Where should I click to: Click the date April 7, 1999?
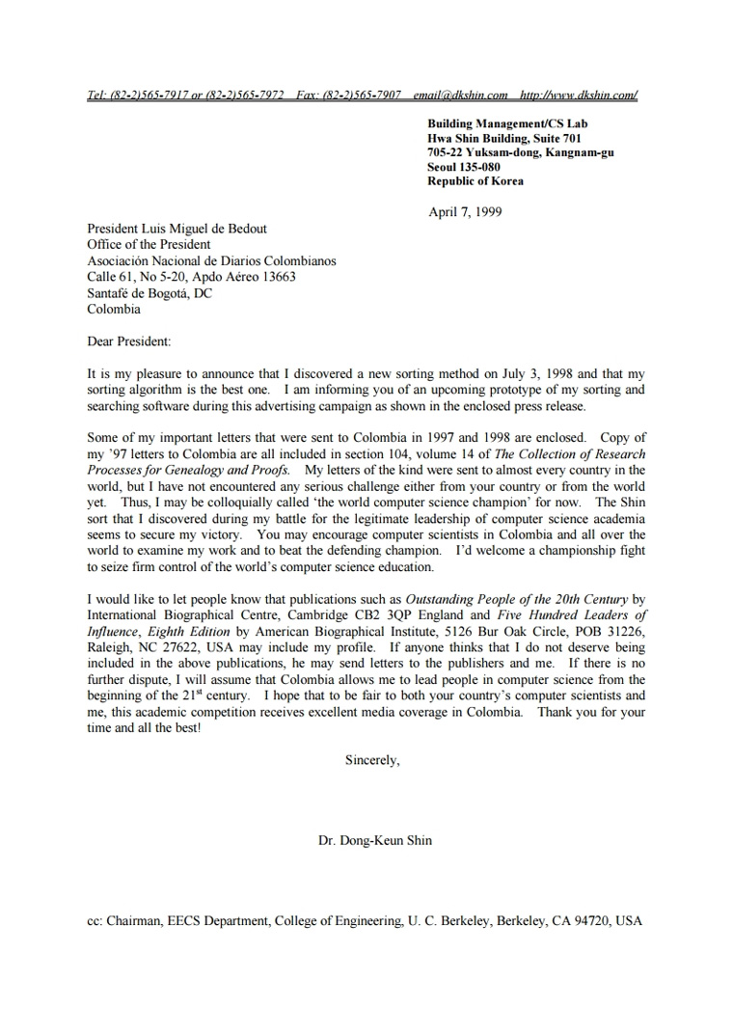465,212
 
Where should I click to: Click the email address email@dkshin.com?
460,95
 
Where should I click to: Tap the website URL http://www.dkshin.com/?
578,95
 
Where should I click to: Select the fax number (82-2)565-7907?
362,95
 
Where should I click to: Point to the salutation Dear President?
129,341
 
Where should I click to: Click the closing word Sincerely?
372,760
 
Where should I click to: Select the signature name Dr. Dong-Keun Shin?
375,840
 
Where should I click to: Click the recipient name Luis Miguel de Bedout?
206,229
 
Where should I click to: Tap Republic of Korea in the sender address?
475,181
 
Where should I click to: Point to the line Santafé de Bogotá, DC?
149,293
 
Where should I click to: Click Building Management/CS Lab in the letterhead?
507,123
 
